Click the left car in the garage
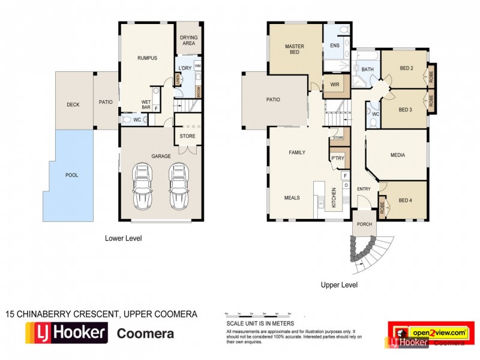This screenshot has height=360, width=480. [142, 185]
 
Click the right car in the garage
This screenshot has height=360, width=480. [178, 185]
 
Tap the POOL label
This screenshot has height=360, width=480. [72, 175]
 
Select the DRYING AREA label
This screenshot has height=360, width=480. [189, 40]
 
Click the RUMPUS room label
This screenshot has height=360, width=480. [147, 58]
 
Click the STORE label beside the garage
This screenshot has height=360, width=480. [187, 136]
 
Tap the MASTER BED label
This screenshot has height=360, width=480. [295, 50]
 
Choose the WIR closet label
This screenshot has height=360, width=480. [335, 85]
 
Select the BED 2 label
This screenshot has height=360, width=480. [406, 68]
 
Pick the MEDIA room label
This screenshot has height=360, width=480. [397, 155]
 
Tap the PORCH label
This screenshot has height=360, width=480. [362, 225]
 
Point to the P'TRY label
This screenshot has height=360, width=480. [337, 158]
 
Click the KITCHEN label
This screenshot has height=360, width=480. [334, 198]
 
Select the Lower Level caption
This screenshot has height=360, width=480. [123, 238]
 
